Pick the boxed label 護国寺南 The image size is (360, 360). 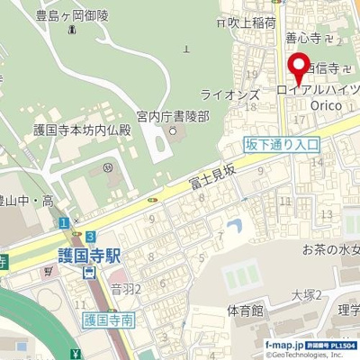click(x=108, y=319)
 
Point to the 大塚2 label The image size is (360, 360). click(x=307, y=295)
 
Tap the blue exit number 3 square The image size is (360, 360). click(x=91, y=236)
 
